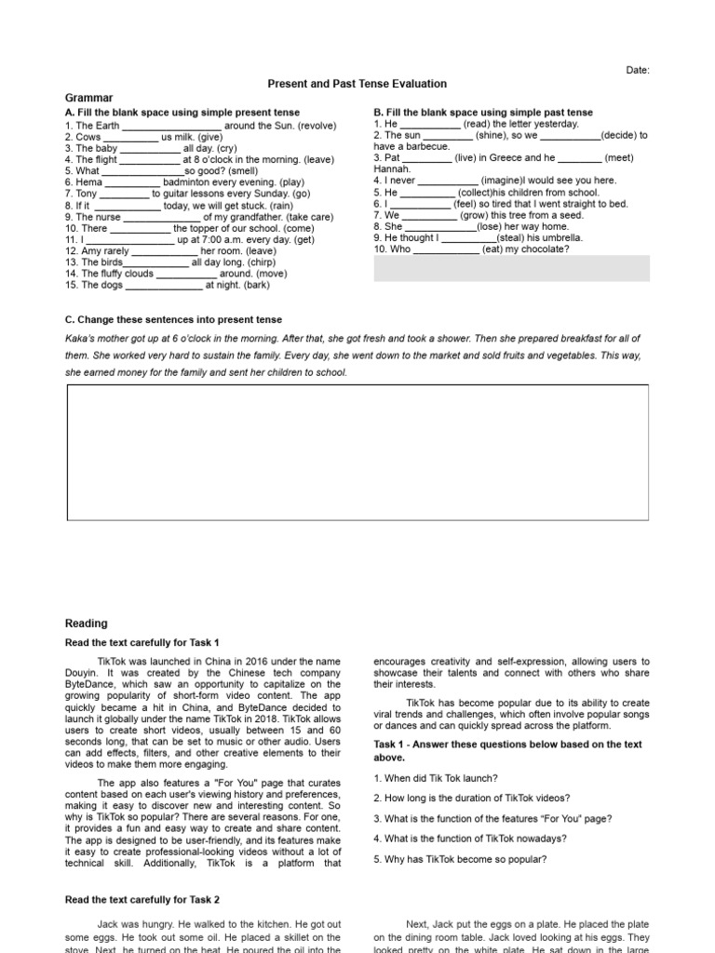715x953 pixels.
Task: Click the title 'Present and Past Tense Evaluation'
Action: [357, 84]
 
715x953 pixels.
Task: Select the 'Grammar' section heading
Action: [88, 98]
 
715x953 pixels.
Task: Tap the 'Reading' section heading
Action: [86, 624]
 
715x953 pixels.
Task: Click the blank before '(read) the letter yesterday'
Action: [429, 124]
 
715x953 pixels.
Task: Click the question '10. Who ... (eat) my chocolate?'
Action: [471, 249]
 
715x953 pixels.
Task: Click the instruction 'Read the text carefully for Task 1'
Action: [142, 642]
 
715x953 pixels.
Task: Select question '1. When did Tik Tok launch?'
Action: [436, 778]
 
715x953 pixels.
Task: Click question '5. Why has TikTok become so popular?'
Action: [460, 859]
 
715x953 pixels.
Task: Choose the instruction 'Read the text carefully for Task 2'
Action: [142, 900]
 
